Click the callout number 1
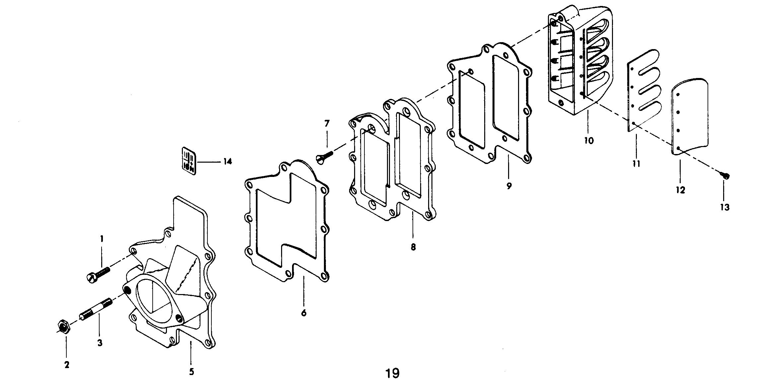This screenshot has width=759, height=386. [102, 239]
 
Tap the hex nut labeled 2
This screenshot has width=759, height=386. [62, 327]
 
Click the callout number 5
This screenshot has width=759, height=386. [191, 372]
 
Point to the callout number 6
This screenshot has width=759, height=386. [304, 313]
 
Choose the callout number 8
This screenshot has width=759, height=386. [413, 248]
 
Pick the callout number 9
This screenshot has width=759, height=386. [509, 186]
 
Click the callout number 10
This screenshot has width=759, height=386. [589, 141]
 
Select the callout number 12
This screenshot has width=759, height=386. [680, 190]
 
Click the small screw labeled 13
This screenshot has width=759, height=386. [724, 176]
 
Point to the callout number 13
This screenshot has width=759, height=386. [724, 207]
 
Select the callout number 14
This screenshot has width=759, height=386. [227, 162]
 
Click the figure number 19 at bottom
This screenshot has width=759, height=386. [392, 373]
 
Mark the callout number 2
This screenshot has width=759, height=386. [67, 365]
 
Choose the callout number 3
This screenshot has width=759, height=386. [100, 343]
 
